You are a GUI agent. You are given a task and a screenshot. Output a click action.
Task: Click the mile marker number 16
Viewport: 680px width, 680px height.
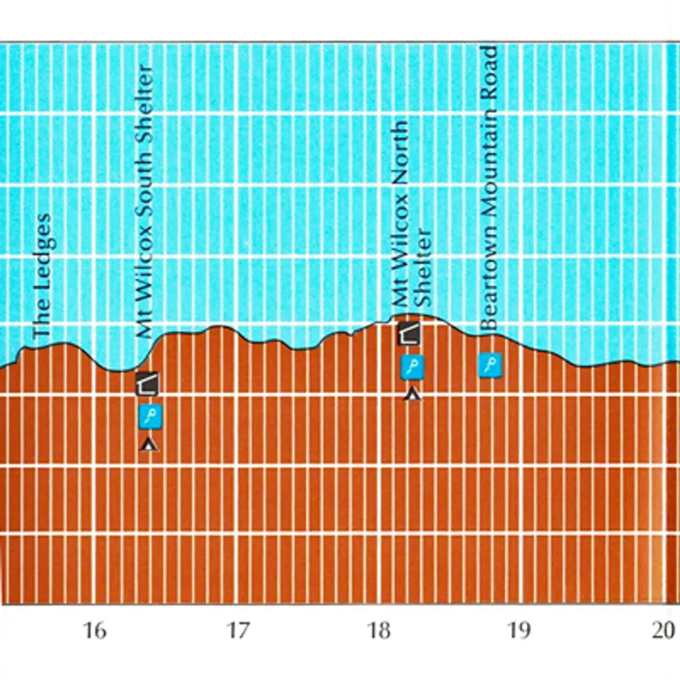click(94, 630)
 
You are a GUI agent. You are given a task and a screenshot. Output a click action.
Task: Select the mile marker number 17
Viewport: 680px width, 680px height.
click(237, 630)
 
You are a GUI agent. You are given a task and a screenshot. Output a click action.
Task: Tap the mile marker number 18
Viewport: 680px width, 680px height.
click(378, 630)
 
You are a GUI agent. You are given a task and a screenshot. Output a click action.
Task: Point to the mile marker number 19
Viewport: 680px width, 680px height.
click(518, 630)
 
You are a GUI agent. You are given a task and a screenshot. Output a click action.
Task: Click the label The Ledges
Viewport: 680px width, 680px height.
click(42, 276)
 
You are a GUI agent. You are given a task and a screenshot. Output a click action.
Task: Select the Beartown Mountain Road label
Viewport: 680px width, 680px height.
click(488, 188)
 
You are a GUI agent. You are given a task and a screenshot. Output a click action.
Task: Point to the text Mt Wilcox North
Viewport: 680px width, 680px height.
click(399, 212)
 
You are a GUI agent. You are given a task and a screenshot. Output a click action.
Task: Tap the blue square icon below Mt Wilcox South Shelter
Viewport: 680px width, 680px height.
click(150, 416)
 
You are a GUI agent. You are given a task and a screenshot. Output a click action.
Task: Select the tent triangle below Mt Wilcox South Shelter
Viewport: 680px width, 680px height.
click(150, 444)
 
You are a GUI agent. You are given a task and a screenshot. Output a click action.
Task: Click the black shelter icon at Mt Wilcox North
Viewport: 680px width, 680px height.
click(409, 333)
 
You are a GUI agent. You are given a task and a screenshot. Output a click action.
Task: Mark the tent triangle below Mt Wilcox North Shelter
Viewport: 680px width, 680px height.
click(412, 394)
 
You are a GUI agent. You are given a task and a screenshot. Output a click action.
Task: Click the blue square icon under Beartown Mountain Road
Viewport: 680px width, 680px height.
click(490, 365)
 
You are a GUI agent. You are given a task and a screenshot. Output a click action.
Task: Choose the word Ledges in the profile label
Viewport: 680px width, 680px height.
click(42, 254)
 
